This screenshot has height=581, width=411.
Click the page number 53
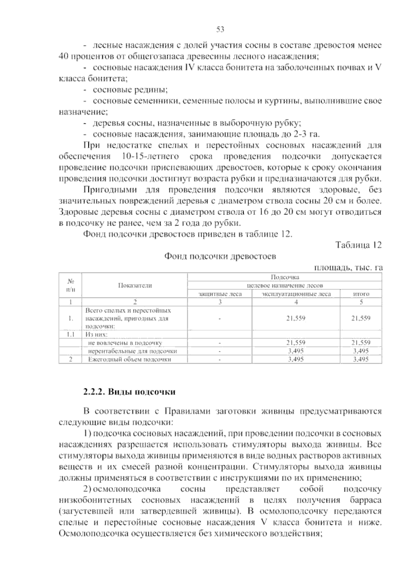[x=220, y=29]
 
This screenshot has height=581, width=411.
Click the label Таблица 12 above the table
[x=358, y=245]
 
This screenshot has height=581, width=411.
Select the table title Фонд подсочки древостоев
[x=220, y=256]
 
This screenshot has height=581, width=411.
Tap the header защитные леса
[x=220, y=294]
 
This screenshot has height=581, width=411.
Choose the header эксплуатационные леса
[x=296, y=294]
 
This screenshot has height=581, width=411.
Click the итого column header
[x=361, y=294]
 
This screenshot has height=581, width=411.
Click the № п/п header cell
[x=71, y=285]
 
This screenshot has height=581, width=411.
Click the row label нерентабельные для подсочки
[x=133, y=351]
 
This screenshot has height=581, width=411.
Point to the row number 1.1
[x=71, y=334]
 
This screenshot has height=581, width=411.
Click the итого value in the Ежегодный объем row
[x=361, y=359]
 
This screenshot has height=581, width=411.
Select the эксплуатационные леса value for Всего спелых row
[x=296, y=318]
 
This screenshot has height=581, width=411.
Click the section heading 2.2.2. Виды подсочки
[x=129, y=392]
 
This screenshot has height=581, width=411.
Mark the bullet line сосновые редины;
[x=130, y=90]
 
